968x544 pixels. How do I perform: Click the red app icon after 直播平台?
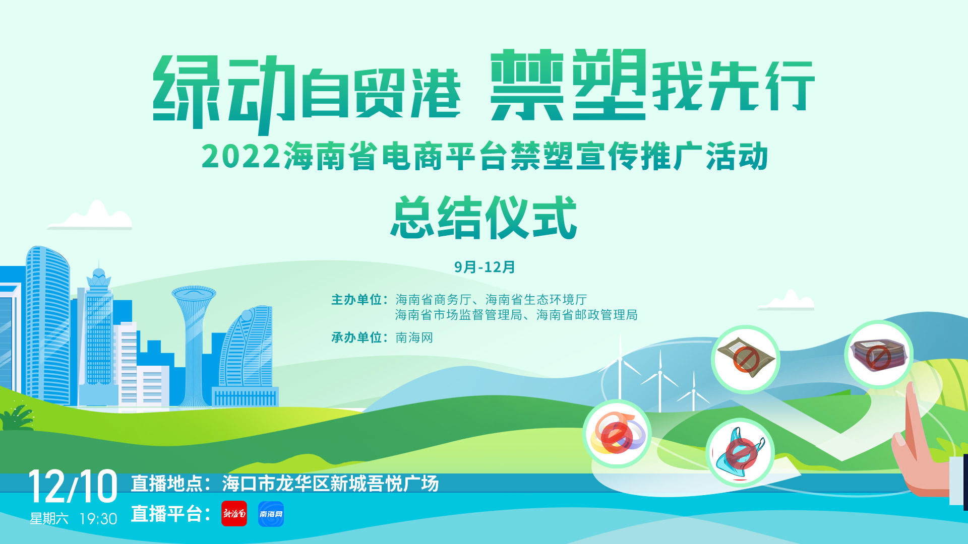pos(234,514)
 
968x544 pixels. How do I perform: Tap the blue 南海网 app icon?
pos(271,514)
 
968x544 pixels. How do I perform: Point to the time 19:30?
pos(98,519)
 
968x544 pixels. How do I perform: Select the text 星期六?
pos(49,519)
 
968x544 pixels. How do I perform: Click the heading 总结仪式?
pos(484,217)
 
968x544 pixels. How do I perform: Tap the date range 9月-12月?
pos(485,267)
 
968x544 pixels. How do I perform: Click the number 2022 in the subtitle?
pos(241,156)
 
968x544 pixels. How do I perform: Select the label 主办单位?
pos(356,300)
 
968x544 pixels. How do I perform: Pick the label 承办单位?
pos(356,337)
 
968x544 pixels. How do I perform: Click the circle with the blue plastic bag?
pos(740,452)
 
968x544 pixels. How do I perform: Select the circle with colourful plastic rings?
pos(617,433)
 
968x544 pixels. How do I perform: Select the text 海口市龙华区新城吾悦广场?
pos(330,484)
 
